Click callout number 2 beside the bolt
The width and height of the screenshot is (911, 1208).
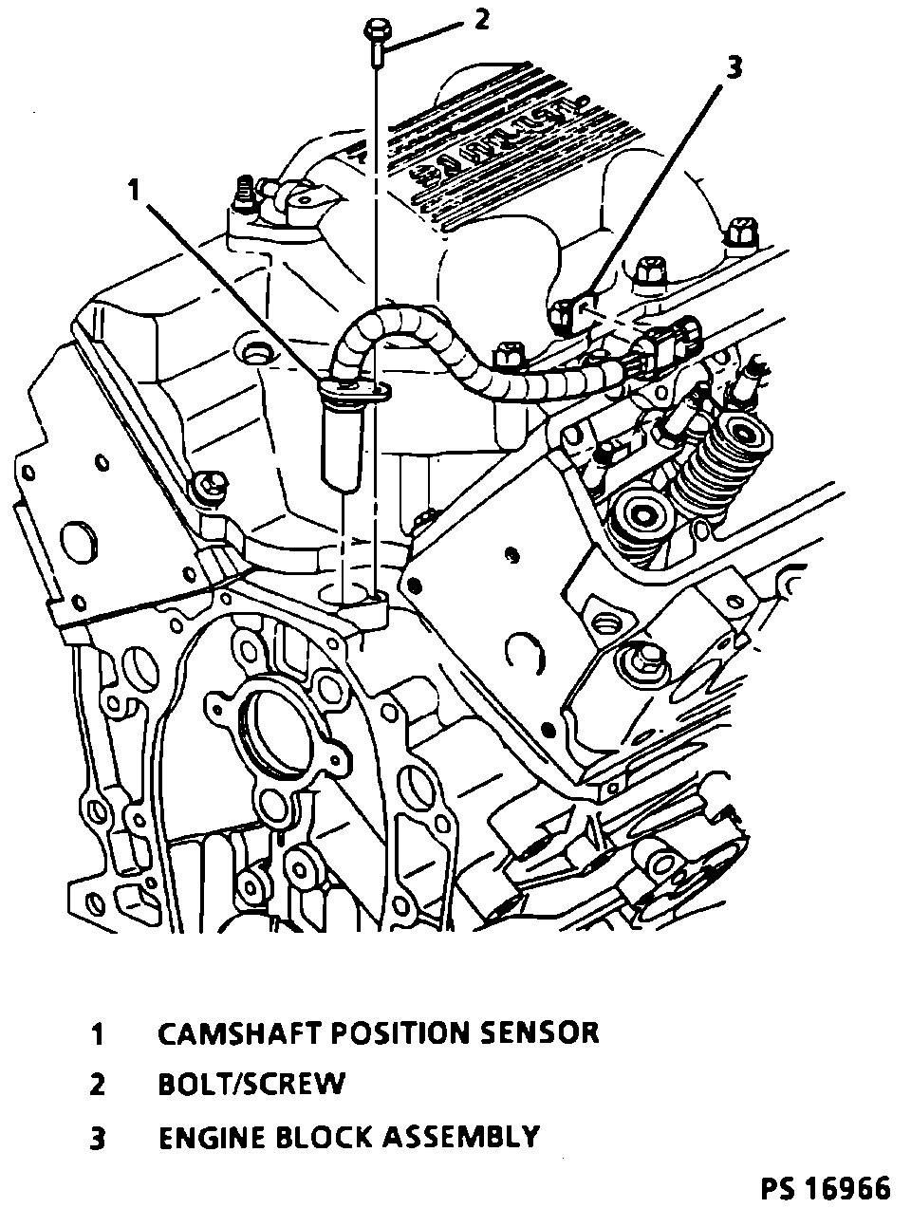(482, 18)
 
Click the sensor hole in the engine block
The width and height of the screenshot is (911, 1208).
(353, 596)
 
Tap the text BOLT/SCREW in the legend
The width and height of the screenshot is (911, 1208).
(251, 1084)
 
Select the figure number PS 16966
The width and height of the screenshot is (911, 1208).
(825, 1187)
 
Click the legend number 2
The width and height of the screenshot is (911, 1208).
(97, 1085)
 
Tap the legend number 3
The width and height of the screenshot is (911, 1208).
(97, 1138)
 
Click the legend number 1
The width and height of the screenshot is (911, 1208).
(97, 1033)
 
